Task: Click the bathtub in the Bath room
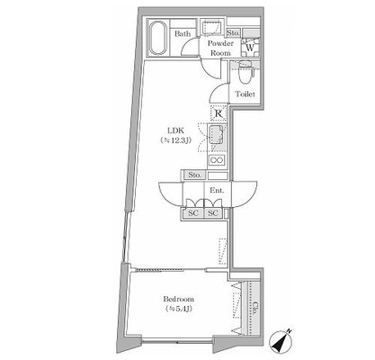pyautogui.click(x=157, y=38)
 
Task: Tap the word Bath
pyautogui.click(x=183, y=33)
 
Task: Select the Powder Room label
pyautogui.click(x=220, y=48)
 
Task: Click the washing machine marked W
pyautogui.click(x=250, y=47)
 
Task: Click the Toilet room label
pyautogui.click(x=246, y=94)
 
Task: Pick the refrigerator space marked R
pyautogui.click(x=219, y=113)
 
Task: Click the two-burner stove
pyautogui.click(x=218, y=160)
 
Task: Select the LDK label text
pyautogui.click(x=175, y=130)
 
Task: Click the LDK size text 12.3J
pyautogui.click(x=176, y=140)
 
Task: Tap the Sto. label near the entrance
pyautogui.click(x=194, y=175)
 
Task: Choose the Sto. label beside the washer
pyautogui.click(x=233, y=32)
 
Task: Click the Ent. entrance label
pyautogui.click(x=217, y=190)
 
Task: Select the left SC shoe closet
pyautogui.click(x=193, y=213)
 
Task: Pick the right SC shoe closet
pyautogui.click(x=213, y=213)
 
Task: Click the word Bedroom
pyautogui.click(x=179, y=299)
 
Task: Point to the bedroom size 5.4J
pyautogui.click(x=179, y=309)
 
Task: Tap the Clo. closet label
pyautogui.click(x=254, y=308)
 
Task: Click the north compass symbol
pyautogui.click(x=281, y=342)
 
